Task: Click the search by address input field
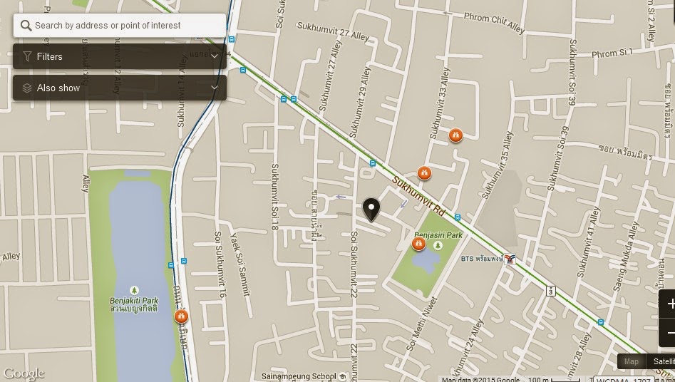[125, 26]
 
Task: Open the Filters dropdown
[120, 56]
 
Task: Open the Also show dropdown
[120, 88]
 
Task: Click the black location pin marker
[371, 209]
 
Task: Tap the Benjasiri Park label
[438, 234]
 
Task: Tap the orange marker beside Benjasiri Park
[418, 244]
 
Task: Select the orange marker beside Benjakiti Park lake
[181, 316]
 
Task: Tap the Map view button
[632, 361]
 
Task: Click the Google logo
[23, 373]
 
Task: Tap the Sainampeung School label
[299, 376]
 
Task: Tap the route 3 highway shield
[550, 291]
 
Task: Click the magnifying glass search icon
[26, 26]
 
